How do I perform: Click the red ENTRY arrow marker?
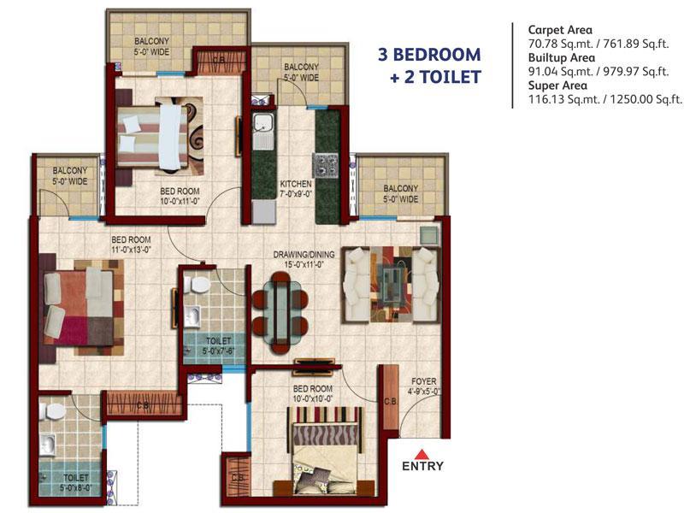coord(422,454)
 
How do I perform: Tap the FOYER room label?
coord(423,381)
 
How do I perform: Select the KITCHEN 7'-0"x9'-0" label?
coord(296,189)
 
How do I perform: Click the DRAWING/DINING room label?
coord(304,254)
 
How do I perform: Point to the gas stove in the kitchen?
coord(326,165)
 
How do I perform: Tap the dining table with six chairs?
coord(280,312)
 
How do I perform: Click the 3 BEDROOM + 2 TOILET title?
coord(430,66)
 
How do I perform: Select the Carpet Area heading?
coord(560,30)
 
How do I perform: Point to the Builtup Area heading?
coord(562,57)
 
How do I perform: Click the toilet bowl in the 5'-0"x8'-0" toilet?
coord(53,410)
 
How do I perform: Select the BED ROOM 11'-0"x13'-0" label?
coord(131,245)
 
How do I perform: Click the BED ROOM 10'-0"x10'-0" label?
coord(313,393)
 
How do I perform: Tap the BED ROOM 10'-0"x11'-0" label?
coord(180,196)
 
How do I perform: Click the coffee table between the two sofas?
coord(391,285)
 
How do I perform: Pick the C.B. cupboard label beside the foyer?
coord(391,401)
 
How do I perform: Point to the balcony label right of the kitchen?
coord(400,193)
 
